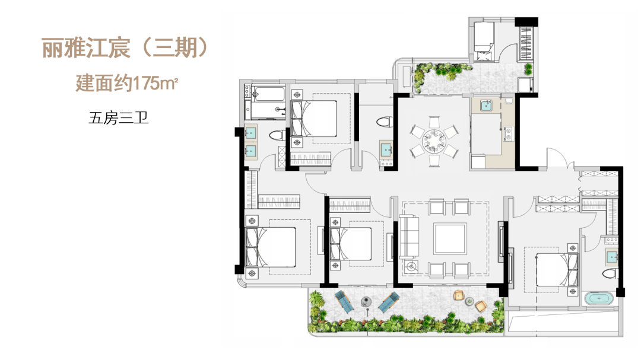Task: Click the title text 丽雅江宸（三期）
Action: click(125, 48)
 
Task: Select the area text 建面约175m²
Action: click(127, 83)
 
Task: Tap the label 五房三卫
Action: click(119, 118)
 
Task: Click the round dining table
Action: click(434, 141)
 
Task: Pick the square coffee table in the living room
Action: click(450, 238)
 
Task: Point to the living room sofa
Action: click(409, 237)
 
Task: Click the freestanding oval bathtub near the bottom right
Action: click(599, 298)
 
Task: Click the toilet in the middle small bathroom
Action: click(384, 122)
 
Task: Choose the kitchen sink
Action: click(485, 106)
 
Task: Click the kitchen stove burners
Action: click(509, 133)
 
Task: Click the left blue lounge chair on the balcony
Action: click(344, 301)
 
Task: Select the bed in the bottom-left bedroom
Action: click(270, 246)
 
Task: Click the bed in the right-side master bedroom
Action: click(557, 269)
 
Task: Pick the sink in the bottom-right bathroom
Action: click(612, 257)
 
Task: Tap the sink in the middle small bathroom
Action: click(386, 150)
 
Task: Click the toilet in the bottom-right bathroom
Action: click(610, 273)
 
